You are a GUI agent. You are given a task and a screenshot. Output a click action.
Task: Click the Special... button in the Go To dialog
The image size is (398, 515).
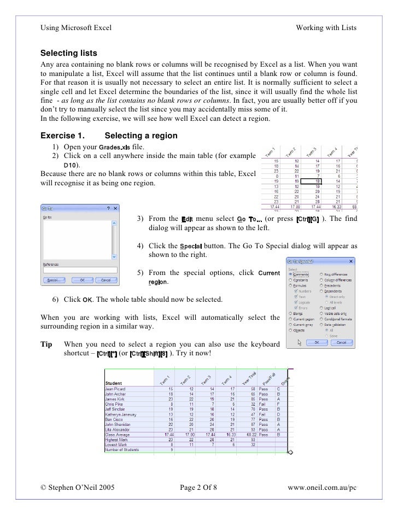[54, 280]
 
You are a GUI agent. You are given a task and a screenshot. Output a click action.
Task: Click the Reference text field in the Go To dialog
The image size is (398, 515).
[80, 270]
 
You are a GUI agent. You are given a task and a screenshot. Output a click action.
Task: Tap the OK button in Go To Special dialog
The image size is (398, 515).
[315, 342]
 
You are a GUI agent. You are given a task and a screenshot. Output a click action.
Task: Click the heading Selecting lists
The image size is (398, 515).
[69, 54]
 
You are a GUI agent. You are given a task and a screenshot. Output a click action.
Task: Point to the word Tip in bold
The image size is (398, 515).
[47, 344]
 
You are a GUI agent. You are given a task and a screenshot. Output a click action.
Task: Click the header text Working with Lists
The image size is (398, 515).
[326, 28]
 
